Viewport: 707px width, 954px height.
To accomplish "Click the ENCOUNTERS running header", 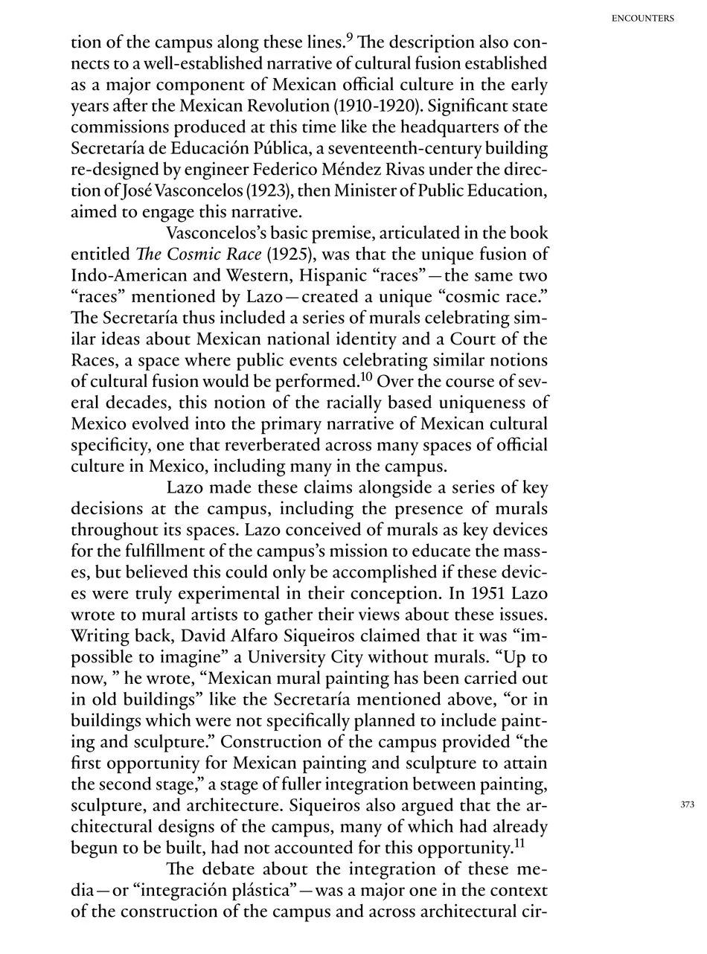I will [x=642, y=19].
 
